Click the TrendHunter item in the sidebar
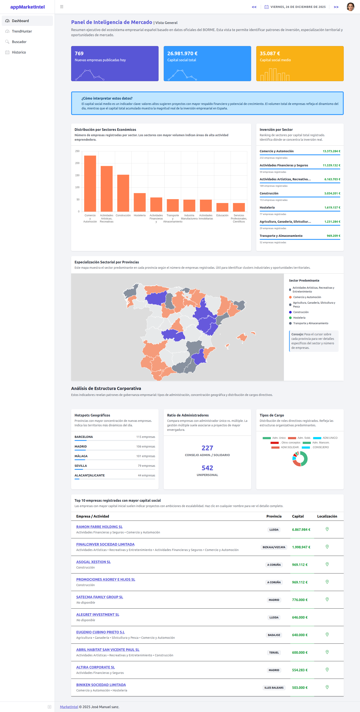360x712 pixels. (x=22, y=31)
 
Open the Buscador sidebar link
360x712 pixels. (x=19, y=42)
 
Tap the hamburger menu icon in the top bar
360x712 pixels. (x=62, y=7)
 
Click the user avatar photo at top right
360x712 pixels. (x=350, y=7)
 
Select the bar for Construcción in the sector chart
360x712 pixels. (x=123, y=193)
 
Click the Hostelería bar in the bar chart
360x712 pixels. (x=140, y=202)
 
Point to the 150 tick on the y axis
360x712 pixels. (x=77, y=175)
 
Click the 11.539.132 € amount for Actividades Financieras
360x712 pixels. (x=331, y=165)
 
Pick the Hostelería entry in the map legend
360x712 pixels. (x=299, y=318)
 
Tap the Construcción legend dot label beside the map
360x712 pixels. (x=301, y=312)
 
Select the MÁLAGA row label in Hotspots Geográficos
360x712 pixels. (x=81, y=456)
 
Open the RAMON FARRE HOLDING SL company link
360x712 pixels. (x=99, y=527)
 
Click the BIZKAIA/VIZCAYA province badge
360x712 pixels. (x=274, y=547)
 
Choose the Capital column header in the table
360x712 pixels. (x=298, y=516)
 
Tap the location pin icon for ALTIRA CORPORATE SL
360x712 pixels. (x=327, y=669)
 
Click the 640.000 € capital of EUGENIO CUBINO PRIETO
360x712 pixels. (x=300, y=635)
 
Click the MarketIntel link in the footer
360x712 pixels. (x=69, y=707)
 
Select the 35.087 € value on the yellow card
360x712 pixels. (x=270, y=53)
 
